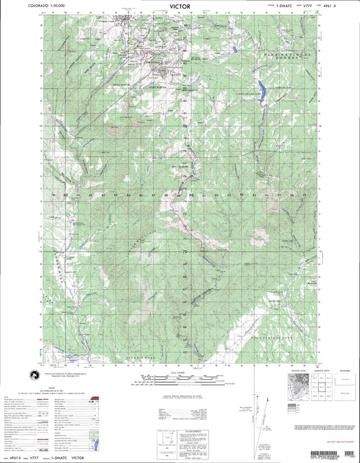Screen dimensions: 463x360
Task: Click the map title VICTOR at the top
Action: click(180, 5)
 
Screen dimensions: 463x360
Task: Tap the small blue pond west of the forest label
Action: click(234, 50)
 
